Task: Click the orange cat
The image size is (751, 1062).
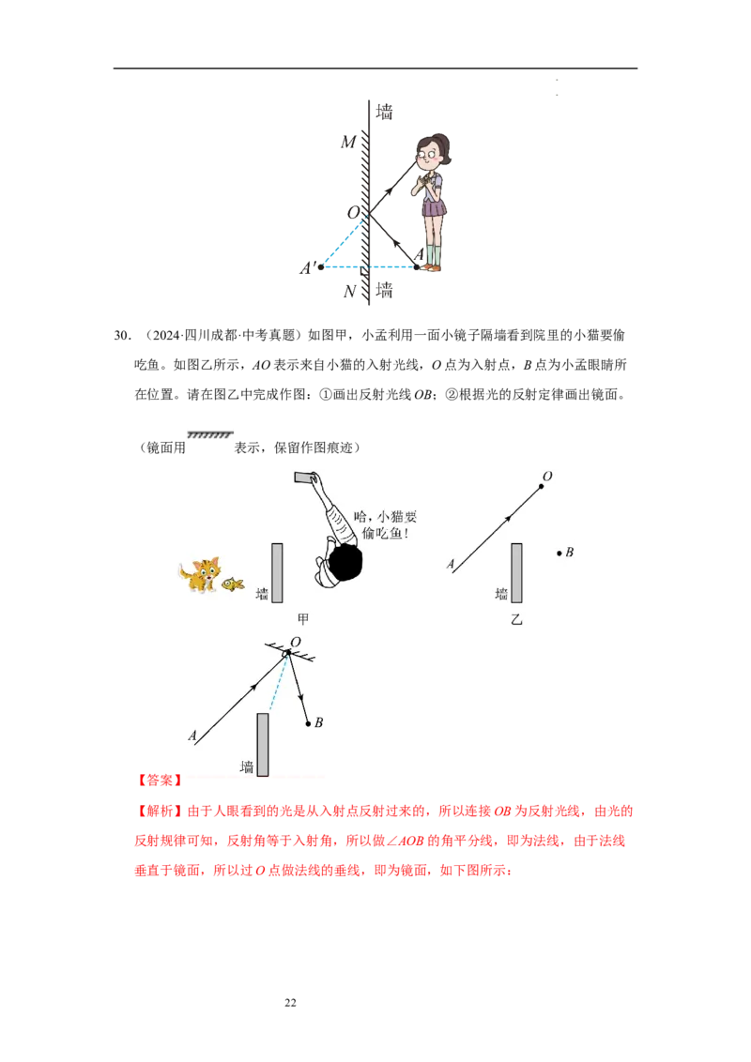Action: coord(201,574)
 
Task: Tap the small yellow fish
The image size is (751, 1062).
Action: coord(233,584)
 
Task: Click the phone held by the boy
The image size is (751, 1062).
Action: coord(305,478)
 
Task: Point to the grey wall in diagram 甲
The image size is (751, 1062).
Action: coord(277,573)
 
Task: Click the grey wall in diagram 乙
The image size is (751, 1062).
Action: coord(516,573)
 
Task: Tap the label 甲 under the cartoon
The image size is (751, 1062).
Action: coord(303,619)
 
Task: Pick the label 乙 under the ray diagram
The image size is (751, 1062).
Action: coord(516,619)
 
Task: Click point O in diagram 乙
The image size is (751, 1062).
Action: coord(541,487)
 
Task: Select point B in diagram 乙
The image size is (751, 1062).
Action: coord(559,554)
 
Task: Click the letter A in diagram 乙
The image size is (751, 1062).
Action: coord(451,565)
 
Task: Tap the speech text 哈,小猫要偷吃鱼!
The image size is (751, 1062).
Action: coord(382,525)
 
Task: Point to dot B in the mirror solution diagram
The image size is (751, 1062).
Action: coord(308,723)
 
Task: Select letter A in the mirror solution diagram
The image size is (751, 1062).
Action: coord(192,736)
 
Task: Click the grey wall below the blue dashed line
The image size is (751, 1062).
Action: coord(263,744)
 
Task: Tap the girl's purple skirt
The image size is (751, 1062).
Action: coord(432,205)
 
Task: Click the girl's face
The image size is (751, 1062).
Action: coord(429,155)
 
